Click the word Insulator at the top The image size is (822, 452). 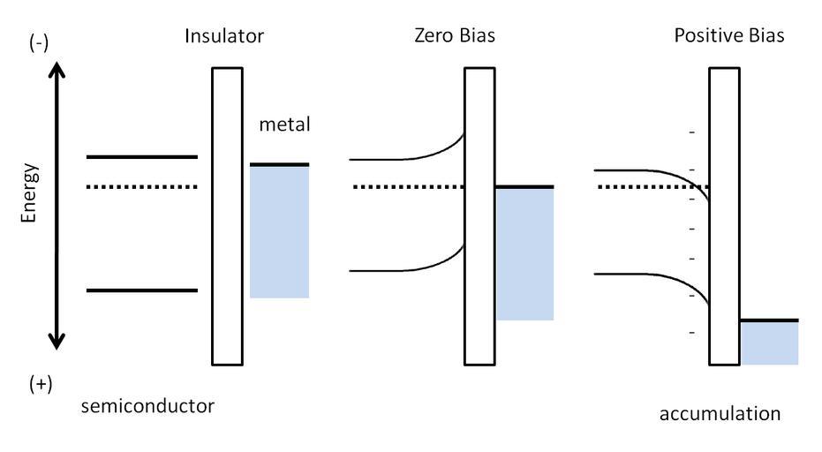coord(224,37)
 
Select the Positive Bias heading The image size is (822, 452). coord(728,37)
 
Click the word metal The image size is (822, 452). coord(284,124)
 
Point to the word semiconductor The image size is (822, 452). coord(147,406)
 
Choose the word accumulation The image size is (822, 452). coord(720,413)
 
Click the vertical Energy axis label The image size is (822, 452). coord(30,192)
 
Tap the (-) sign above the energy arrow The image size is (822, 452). coord(38,44)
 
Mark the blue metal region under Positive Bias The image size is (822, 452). coord(769,343)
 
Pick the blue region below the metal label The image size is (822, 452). coord(279,232)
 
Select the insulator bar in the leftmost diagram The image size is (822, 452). coord(226,216)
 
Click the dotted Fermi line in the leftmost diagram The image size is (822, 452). coord(141,187)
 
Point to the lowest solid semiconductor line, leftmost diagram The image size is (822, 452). coord(141,290)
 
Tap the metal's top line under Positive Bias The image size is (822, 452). coord(769,320)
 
